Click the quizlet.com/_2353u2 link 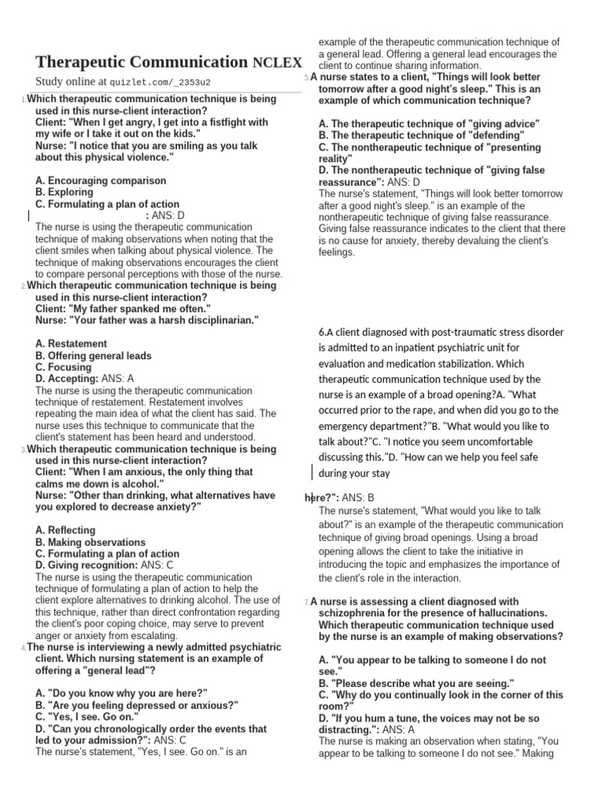click(160, 82)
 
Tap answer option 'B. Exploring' click(64, 192)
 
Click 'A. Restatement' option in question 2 click(71, 343)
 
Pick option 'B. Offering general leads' click(93, 355)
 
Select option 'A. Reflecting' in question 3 click(66, 530)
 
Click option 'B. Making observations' click(90, 542)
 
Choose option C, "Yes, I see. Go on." click(87, 717)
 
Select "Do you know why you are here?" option click(121, 693)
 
